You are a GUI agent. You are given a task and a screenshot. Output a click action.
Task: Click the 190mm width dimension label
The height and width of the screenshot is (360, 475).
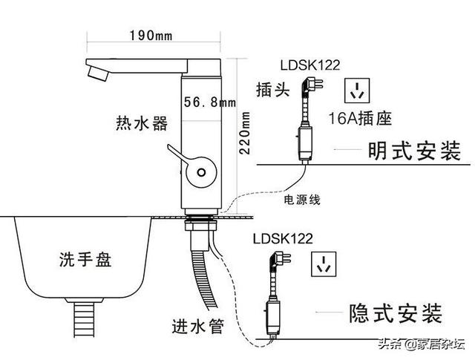151,36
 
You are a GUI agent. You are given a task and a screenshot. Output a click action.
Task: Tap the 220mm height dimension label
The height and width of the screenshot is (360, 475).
244,133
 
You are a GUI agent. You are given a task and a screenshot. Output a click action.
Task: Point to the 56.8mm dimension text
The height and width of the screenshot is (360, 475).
209,102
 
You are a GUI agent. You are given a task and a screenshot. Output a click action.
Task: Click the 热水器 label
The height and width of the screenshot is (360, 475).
142,123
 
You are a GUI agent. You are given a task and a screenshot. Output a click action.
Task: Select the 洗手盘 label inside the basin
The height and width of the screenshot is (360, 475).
85,259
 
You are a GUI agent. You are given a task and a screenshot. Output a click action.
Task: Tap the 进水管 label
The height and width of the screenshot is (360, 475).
198,326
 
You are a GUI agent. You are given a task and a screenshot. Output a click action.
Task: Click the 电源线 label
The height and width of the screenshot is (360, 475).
302,200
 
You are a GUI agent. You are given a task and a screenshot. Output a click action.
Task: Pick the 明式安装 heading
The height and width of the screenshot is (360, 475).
414,151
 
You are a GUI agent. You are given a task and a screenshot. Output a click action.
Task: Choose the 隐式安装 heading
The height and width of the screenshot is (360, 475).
396,313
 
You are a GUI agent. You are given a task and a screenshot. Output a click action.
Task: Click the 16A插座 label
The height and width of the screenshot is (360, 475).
360,118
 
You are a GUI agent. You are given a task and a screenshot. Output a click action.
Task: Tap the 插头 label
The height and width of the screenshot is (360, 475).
273,90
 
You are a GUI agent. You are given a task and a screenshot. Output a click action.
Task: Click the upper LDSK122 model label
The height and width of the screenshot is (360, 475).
310,65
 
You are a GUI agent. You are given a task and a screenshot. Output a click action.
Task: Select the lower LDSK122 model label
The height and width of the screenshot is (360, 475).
283,239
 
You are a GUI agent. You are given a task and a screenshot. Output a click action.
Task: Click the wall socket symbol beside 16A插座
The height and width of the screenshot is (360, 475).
357,91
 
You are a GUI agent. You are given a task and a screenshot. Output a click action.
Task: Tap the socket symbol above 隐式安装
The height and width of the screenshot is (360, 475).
324,264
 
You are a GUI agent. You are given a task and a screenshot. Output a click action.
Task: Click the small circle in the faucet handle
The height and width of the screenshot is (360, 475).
201,172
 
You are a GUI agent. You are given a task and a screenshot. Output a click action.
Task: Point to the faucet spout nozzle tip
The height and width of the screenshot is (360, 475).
97,74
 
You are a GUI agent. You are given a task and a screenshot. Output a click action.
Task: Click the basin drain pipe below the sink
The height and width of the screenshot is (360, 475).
84,320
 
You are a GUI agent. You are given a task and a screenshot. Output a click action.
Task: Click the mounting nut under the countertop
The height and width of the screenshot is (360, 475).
200,226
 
